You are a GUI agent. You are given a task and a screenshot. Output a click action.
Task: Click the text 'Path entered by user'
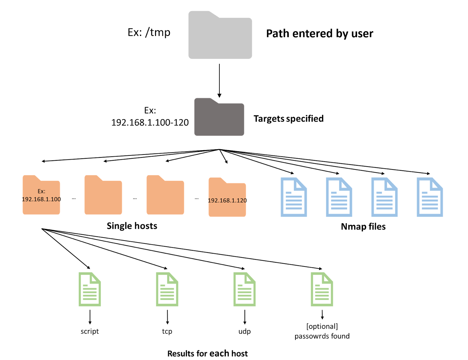coord(319,34)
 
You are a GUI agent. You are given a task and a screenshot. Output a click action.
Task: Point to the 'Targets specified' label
coord(288,119)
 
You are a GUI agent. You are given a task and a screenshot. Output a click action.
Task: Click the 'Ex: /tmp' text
coord(149,32)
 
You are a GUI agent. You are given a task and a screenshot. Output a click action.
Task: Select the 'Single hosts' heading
coord(132,226)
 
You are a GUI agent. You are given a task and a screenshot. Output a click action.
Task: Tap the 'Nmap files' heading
coord(363,227)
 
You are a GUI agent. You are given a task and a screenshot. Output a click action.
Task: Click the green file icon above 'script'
coord(90,289)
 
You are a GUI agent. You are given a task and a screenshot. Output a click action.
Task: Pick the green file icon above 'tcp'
coord(167,289)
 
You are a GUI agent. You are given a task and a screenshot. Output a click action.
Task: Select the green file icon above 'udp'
coord(245,289)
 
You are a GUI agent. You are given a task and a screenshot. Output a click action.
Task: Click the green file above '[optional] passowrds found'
coord(322,289)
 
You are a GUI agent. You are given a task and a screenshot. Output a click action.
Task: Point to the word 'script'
coord(90,331)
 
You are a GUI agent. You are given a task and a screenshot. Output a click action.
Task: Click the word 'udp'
coord(245,331)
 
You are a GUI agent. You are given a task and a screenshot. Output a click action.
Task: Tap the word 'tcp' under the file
coord(167,331)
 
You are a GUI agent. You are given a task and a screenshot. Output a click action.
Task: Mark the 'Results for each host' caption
coord(207,354)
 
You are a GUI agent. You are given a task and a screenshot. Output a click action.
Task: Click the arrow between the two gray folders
coord(219,80)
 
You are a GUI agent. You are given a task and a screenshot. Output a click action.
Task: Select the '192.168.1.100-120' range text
coord(150,122)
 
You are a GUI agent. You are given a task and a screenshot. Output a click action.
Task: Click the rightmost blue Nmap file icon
coord(430,197)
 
